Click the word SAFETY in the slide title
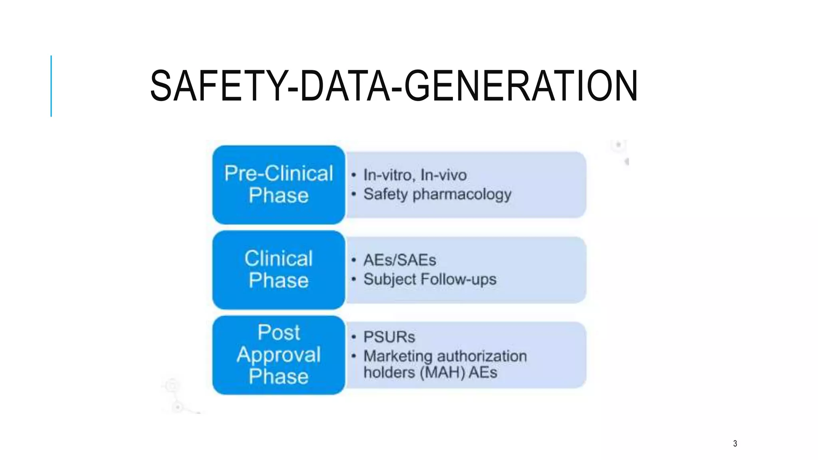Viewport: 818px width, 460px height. click(x=218, y=86)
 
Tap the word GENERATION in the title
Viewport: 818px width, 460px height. click(x=521, y=86)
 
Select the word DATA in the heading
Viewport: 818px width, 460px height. click(x=345, y=86)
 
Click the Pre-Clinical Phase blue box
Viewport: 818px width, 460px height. click(x=278, y=184)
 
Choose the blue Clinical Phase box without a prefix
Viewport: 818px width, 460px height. click(x=278, y=270)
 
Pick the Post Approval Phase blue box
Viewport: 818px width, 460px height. click(x=278, y=355)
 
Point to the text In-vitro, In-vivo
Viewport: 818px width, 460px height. click(x=415, y=175)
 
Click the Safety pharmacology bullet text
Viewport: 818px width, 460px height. click(x=437, y=194)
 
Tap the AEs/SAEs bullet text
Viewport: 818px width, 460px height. click(x=399, y=260)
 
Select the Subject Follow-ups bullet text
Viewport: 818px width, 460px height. click(x=430, y=280)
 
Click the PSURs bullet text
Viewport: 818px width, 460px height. click(x=389, y=337)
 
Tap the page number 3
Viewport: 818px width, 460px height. click(x=735, y=443)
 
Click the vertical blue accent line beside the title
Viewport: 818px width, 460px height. click(x=51, y=86)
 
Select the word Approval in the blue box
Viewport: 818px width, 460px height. click(x=278, y=355)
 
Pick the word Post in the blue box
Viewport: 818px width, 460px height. click(x=278, y=332)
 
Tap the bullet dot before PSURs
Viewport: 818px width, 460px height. click(x=353, y=337)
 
